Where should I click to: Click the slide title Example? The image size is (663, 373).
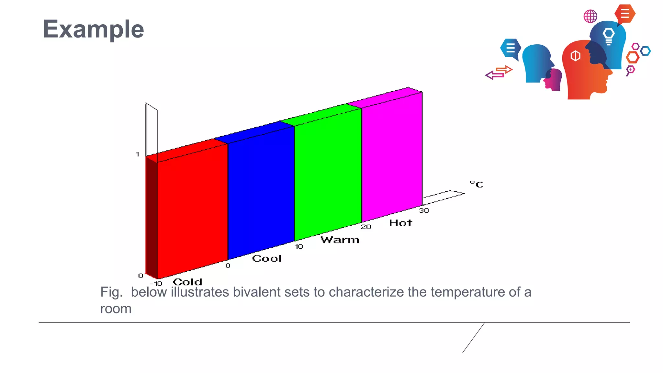click(93, 29)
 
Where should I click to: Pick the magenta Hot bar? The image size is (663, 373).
click(392, 155)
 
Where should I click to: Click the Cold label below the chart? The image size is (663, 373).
click(187, 282)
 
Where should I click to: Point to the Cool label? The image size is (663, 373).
click(267, 258)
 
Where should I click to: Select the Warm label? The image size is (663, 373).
click(340, 240)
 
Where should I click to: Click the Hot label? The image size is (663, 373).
click(401, 223)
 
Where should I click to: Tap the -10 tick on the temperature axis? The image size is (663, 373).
click(156, 284)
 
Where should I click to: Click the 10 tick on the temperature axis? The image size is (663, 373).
click(299, 247)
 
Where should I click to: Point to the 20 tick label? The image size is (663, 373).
click(366, 227)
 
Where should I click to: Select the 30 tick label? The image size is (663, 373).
click(424, 211)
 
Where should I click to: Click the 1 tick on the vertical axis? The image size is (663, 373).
click(138, 154)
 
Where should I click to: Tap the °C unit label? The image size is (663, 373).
click(477, 184)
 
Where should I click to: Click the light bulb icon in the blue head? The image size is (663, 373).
click(609, 36)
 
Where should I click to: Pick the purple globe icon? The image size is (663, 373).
click(590, 16)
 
